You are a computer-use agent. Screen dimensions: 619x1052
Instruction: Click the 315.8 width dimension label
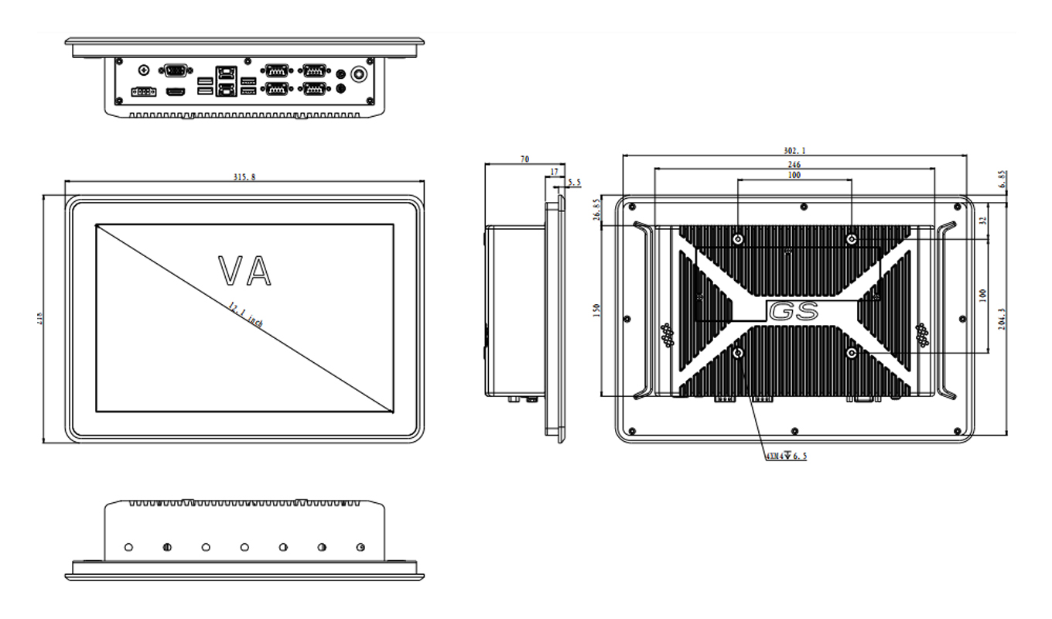pyautogui.click(x=244, y=177)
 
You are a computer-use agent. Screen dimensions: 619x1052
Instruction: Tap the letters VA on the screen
pyautogui.click(x=245, y=270)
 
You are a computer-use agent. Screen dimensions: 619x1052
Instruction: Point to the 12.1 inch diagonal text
pyautogui.click(x=245, y=315)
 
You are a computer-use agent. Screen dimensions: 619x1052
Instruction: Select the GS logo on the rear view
pyautogui.click(x=794, y=312)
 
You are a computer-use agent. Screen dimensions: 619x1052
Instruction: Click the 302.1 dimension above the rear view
pyautogui.click(x=794, y=151)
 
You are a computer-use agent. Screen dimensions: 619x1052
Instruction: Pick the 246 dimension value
pyautogui.click(x=794, y=165)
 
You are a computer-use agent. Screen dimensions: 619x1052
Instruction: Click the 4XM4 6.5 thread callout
pyautogui.click(x=786, y=457)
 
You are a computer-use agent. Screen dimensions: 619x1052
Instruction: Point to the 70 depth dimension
pyautogui.click(x=524, y=159)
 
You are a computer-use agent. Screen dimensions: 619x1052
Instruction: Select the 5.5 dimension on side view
pyautogui.click(x=574, y=183)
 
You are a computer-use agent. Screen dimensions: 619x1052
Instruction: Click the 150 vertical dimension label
pyautogui.click(x=596, y=310)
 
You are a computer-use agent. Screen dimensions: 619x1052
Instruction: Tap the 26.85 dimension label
pyautogui.click(x=596, y=210)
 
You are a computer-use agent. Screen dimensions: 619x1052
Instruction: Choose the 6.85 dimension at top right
pyautogui.click(x=1003, y=180)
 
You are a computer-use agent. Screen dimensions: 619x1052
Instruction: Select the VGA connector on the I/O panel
pyautogui.click(x=176, y=70)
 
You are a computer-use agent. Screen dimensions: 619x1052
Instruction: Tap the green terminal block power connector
pyautogui.click(x=143, y=92)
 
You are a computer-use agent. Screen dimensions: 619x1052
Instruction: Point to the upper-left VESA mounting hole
pyautogui.click(x=738, y=239)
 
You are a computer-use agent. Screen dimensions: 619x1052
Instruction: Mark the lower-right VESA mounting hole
pyautogui.click(x=852, y=353)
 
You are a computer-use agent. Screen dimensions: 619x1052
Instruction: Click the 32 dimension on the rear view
pyautogui.click(x=983, y=220)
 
